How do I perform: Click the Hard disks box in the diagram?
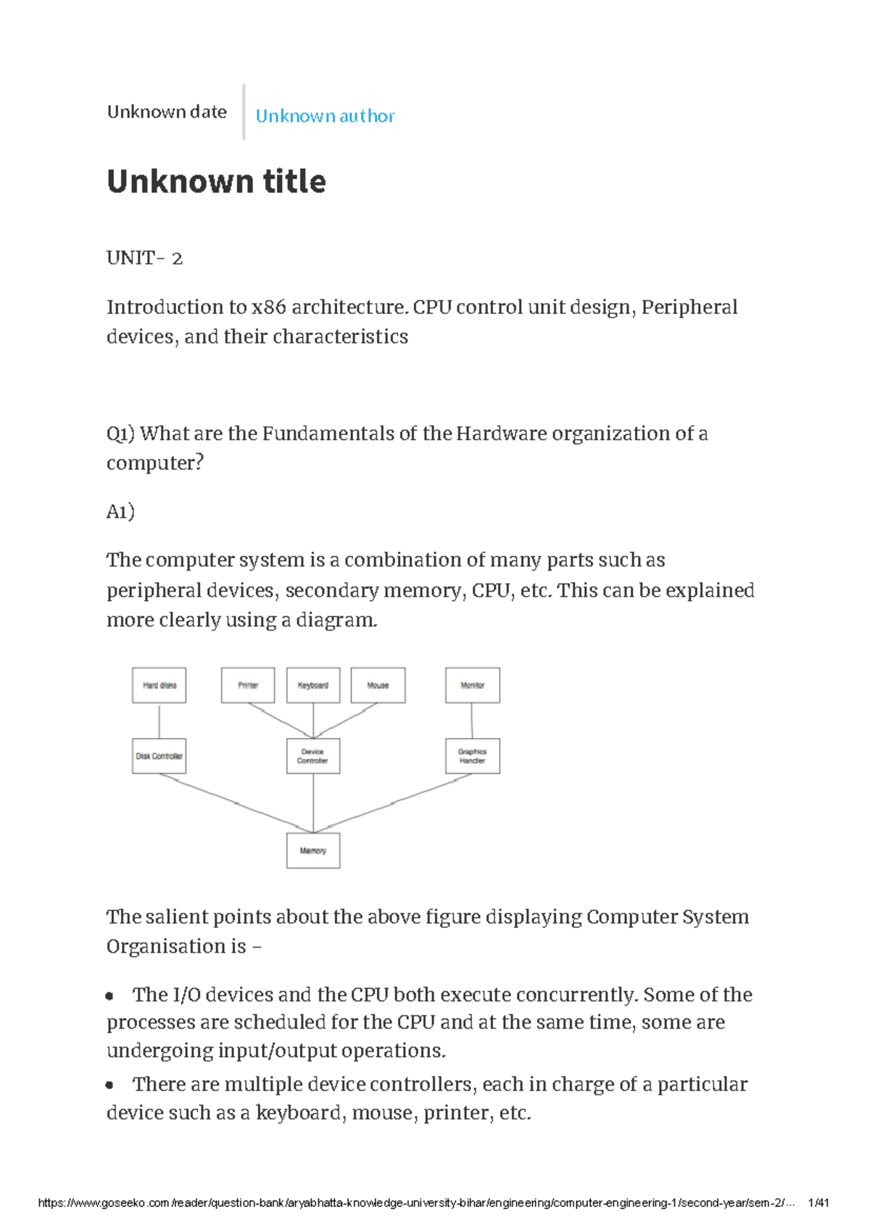[159, 685]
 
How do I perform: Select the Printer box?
[248, 685]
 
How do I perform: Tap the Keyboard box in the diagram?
[313, 685]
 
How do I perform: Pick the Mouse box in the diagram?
[378, 685]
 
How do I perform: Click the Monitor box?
[472, 685]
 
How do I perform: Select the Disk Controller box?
[159, 756]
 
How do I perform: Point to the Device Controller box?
[313, 756]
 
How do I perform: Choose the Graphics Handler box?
[472, 756]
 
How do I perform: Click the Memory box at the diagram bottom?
[313, 850]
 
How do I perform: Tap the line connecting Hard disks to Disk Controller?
[159, 721]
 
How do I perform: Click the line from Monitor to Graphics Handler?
[472, 721]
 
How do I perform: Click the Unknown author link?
[325, 116]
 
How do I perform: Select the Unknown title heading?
[216, 181]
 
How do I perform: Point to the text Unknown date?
[167, 112]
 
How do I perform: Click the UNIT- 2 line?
[144, 258]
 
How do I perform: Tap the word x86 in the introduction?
[268, 307]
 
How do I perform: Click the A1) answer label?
[120, 512]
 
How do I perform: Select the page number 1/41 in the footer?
[818, 1203]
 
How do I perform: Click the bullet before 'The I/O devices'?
[109, 996]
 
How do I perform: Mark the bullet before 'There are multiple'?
[109, 1085]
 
